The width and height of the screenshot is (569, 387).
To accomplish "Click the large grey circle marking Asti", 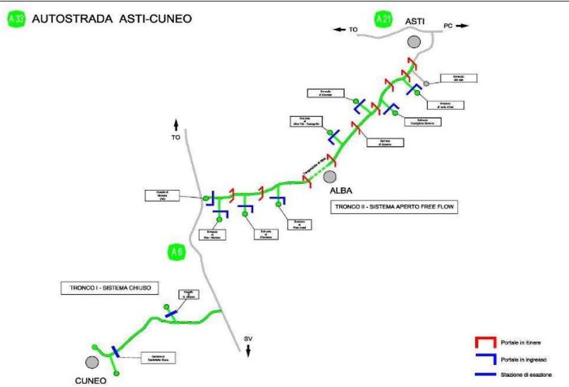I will pyautogui.click(x=413, y=42).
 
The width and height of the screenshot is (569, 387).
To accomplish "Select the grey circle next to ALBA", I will pyautogui.click(x=329, y=176).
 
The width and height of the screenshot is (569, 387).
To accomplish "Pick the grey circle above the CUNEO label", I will pyautogui.click(x=91, y=361).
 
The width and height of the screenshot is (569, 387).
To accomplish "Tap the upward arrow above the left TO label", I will pyautogui.click(x=176, y=125).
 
